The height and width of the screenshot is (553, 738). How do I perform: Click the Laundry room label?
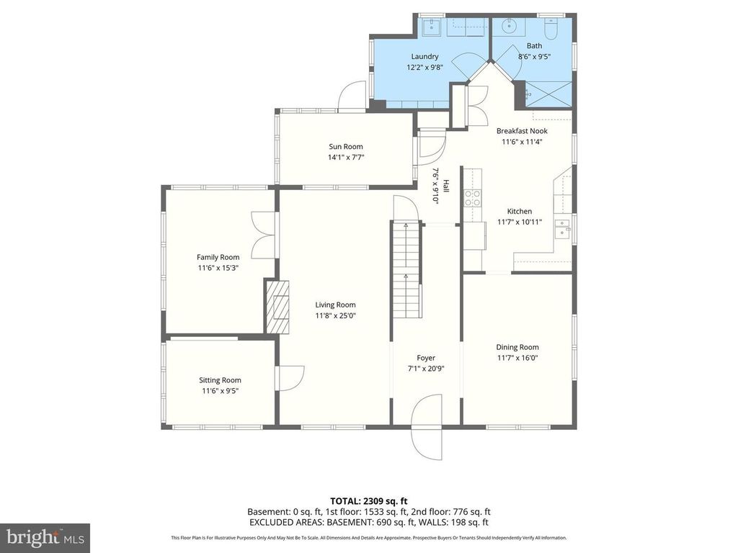[x=424, y=56]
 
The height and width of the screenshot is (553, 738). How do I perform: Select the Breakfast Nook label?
[x=522, y=131]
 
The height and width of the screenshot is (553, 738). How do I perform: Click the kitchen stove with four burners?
[x=473, y=198]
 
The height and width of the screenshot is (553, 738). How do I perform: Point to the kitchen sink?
[x=562, y=230]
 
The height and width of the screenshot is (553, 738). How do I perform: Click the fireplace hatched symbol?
[x=277, y=307]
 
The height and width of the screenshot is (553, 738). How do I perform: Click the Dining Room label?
[x=517, y=347]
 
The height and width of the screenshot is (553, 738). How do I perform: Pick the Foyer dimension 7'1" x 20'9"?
[x=426, y=368]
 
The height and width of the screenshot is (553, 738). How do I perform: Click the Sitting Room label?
[x=220, y=380]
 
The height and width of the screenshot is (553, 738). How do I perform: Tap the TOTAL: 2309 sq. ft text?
[x=369, y=500]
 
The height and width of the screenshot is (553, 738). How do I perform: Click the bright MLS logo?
[x=45, y=537]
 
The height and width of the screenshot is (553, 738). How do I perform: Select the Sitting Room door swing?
[x=286, y=378]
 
